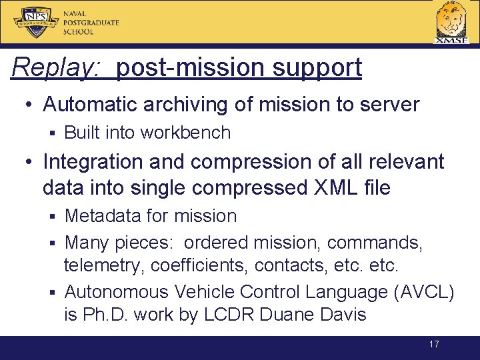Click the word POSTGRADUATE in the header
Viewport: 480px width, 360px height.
pos(91,23)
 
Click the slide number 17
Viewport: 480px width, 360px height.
pos(434,344)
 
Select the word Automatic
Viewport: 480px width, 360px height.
pos(92,105)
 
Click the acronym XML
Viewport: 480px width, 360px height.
pos(329,187)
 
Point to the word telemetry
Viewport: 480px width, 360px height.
pos(105,265)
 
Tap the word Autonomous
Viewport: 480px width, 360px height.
pos(117,291)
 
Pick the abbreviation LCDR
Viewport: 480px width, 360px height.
pos(231,314)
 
